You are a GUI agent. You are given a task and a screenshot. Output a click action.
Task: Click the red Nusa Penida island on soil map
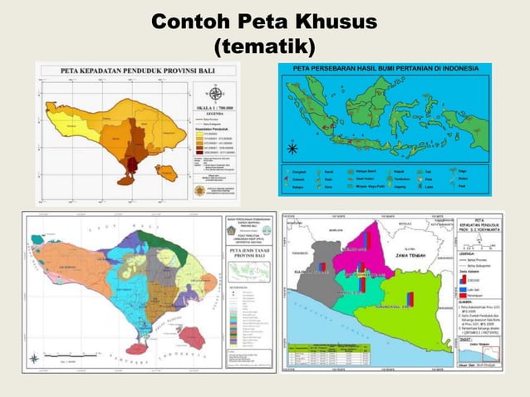click(x=193, y=336)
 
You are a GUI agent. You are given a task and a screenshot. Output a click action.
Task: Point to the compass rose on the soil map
click(x=34, y=359)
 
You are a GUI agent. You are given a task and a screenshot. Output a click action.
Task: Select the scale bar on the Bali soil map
click(x=75, y=360)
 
